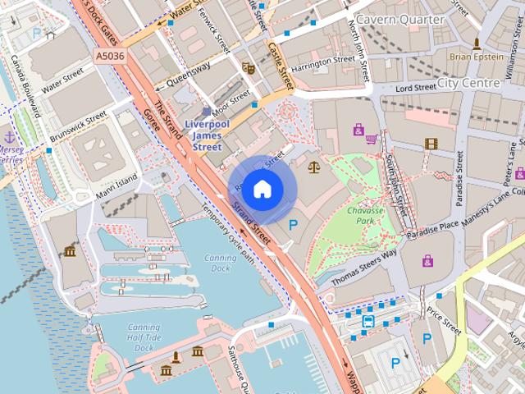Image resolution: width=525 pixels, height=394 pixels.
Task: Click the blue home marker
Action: pos(261,189)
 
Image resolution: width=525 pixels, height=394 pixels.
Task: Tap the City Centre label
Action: pos(468,83)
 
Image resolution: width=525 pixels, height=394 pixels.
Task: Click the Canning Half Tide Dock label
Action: pos(144,337)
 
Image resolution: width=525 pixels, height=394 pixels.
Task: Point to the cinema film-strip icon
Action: pos(431,144)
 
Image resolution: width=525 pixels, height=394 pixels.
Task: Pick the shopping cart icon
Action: pos(372,138)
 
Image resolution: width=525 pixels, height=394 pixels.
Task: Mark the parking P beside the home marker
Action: pos(292,224)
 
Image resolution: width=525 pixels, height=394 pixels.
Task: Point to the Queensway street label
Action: pos(187,75)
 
